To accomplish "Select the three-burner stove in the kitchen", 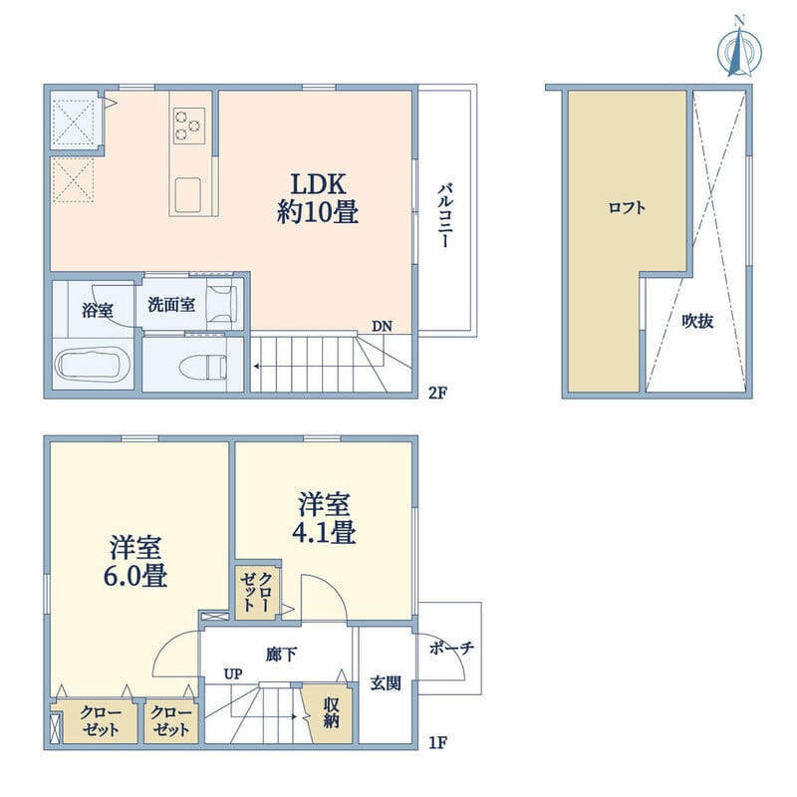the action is pos(189,126).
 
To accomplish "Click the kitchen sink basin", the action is pos(187,194).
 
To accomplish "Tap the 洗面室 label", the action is pos(171,305).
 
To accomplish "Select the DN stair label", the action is pos(382,327).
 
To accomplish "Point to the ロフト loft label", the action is pos(627,208).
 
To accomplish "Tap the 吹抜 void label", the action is pos(698,321).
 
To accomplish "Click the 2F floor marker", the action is pos(437,393).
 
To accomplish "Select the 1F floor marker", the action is pos(437,743).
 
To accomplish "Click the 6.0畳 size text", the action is pos(135,576).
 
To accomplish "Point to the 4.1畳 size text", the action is pos(323,532).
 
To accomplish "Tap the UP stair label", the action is pos(233,674).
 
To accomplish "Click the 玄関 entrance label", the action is pos(386,683).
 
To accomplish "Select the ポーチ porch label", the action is pos(451,648).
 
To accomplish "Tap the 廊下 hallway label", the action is pos(281,655).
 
